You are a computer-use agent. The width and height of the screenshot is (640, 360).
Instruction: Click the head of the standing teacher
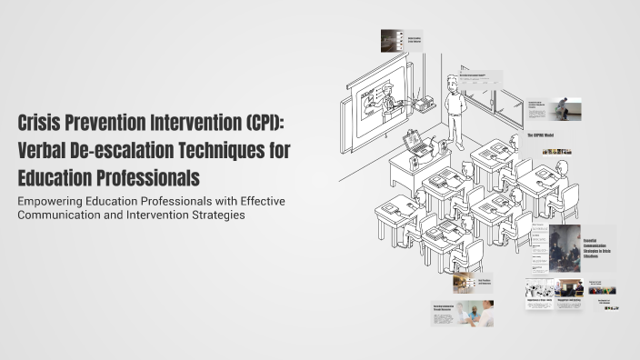(452, 81)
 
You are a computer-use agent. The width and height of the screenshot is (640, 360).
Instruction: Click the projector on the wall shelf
(423, 103)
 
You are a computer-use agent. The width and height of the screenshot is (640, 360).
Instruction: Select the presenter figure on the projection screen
(386, 94)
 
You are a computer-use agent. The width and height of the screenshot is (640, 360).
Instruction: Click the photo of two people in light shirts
(474, 314)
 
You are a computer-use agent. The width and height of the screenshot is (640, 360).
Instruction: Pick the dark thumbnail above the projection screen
(391, 40)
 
